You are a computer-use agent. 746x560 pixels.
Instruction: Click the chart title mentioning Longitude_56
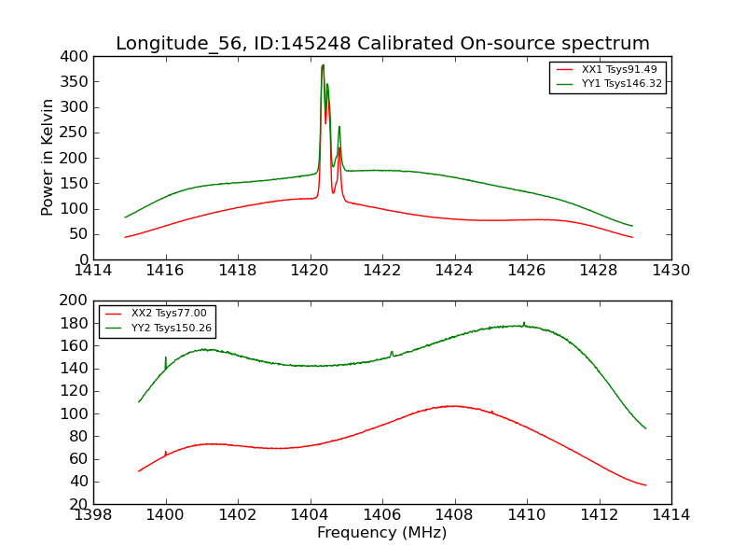(x=382, y=44)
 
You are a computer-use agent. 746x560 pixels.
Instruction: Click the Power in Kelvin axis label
(x=48, y=158)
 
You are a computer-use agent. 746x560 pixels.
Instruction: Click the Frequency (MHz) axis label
(x=382, y=533)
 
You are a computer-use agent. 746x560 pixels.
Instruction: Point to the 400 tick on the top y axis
(x=76, y=56)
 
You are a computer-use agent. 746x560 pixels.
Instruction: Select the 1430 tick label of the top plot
(x=670, y=271)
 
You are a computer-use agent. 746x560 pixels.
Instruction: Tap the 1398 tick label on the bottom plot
(x=94, y=515)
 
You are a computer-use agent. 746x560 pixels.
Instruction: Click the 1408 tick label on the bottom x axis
(x=455, y=515)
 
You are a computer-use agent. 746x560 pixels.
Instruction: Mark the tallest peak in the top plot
(x=323, y=65)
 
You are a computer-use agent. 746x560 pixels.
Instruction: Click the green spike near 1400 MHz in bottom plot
(x=166, y=357)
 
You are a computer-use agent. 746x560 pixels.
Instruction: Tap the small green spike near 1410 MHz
(x=524, y=323)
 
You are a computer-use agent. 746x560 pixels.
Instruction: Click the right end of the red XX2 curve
(x=645, y=484)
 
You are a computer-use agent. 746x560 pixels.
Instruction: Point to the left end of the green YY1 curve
(x=126, y=217)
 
